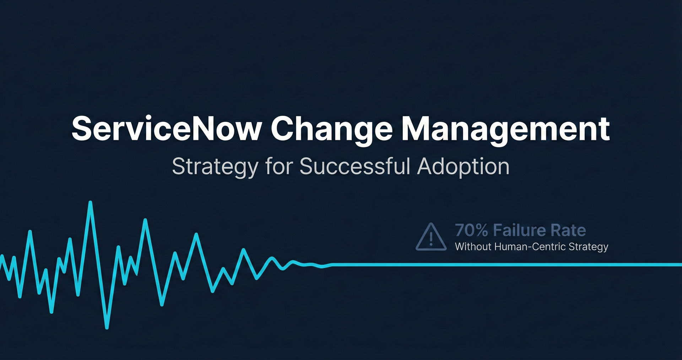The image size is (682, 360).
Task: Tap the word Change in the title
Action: pos(331,130)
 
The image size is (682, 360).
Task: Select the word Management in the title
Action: pos(505,130)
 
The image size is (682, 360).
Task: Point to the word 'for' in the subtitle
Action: pos(279,166)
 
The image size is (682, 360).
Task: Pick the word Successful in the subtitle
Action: pos(355,166)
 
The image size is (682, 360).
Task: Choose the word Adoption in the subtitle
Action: pos(463,167)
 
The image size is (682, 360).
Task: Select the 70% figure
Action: pos(471,230)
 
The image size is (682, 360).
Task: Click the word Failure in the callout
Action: pos(519,230)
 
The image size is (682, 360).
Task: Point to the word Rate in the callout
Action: pos(568,230)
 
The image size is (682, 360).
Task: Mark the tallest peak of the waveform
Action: pos(90,203)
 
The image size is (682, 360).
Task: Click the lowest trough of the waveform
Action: pos(107,327)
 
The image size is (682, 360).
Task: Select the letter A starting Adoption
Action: pos(426,166)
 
